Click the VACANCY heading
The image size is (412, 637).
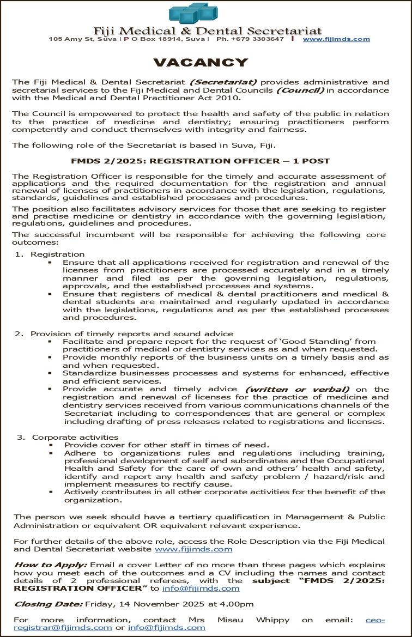click(x=201, y=63)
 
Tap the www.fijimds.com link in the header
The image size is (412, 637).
click(x=336, y=39)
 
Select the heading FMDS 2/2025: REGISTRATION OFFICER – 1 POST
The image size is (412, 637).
click(x=201, y=161)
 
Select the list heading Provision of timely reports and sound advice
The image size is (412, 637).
click(x=132, y=333)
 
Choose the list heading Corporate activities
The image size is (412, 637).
click(x=75, y=437)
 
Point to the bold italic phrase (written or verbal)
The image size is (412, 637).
click(x=297, y=390)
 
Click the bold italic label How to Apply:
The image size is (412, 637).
click(x=50, y=565)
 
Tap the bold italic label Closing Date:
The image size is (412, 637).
click(x=48, y=604)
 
